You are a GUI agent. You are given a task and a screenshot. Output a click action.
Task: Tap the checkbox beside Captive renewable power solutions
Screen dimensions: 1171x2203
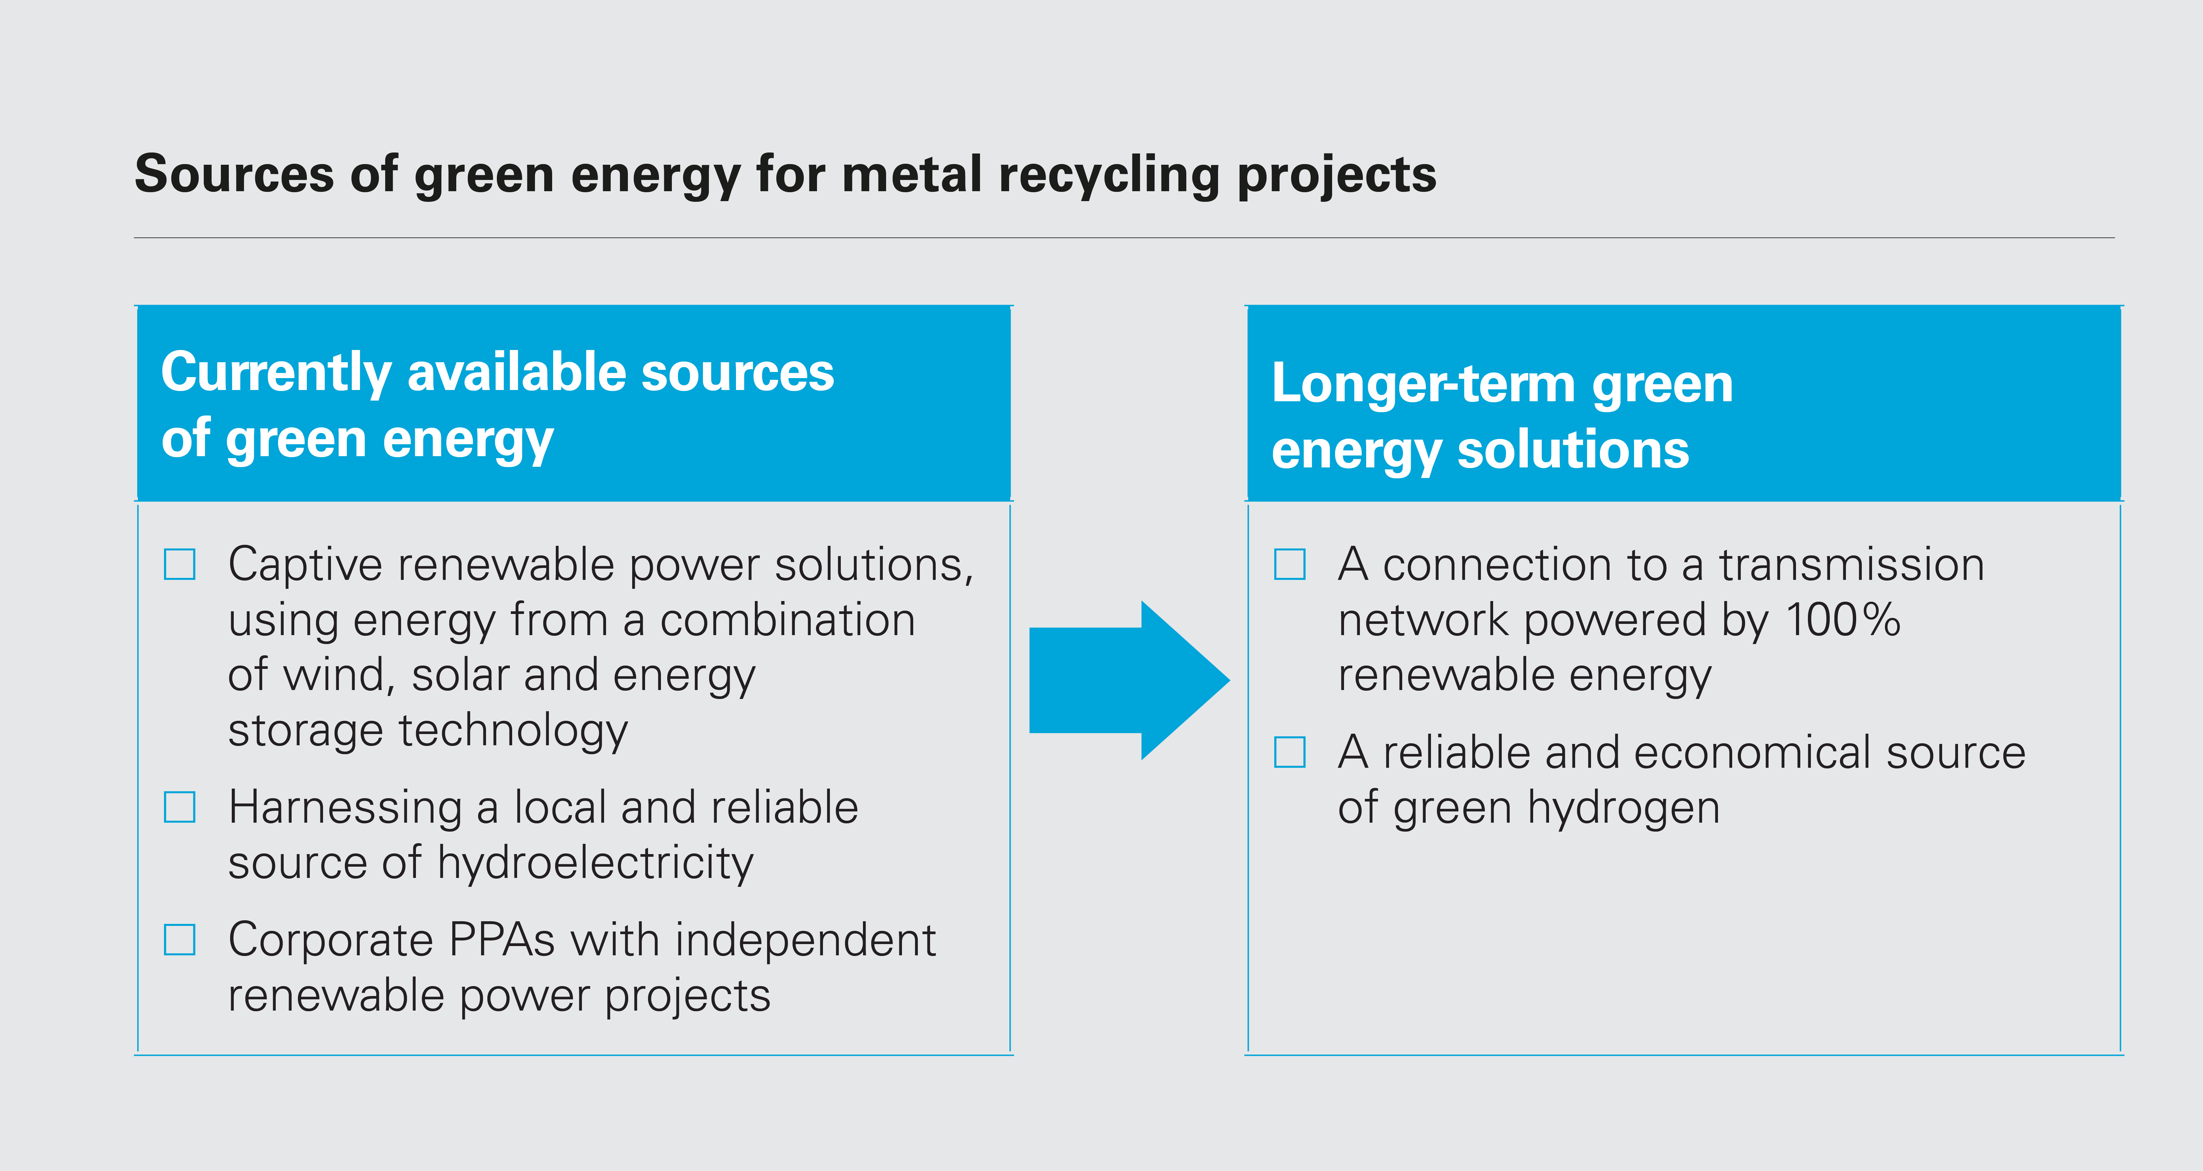[x=180, y=565]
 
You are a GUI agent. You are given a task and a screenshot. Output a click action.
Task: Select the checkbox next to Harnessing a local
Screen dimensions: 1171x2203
[x=180, y=806]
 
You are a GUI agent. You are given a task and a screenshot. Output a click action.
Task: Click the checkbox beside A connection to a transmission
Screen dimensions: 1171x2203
[x=1290, y=565]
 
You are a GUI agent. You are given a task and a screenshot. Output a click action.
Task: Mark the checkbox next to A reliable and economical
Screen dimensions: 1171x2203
[x=1290, y=752]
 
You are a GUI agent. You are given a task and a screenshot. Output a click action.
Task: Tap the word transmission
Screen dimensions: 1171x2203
[x=1852, y=565]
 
